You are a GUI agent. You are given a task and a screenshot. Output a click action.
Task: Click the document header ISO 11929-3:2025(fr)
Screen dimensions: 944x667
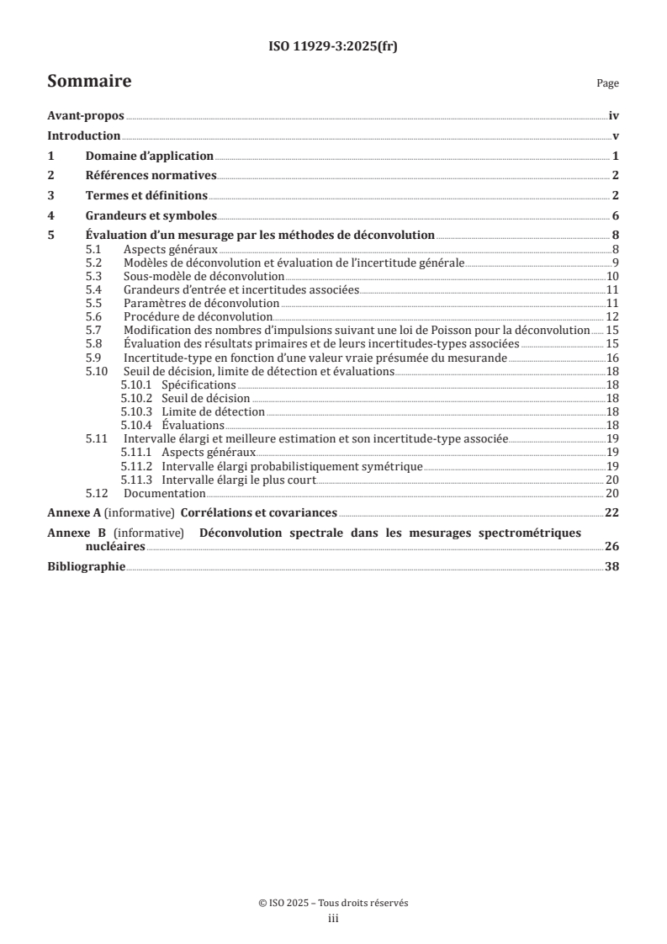point(333,47)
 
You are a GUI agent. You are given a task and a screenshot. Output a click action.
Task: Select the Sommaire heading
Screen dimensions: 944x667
point(89,82)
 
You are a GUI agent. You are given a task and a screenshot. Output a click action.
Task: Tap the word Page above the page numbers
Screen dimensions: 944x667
point(607,83)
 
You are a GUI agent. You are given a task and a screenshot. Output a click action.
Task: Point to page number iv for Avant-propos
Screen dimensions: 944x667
point(614,117)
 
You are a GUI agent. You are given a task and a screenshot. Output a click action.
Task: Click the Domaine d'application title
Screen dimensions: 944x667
point(149,156)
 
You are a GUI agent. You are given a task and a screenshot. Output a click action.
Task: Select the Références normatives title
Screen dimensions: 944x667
point(151,175)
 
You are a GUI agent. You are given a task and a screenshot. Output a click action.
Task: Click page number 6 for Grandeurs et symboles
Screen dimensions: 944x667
point(616,215)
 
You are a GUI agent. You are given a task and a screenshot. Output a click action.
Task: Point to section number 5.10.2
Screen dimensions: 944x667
point(137,398)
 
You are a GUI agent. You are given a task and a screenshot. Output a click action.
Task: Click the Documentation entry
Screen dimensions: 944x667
point(165,493)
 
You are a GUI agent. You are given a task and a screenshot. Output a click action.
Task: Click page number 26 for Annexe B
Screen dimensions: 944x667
point(611,546)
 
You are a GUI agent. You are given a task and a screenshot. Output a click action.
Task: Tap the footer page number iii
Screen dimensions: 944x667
point(333,919)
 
